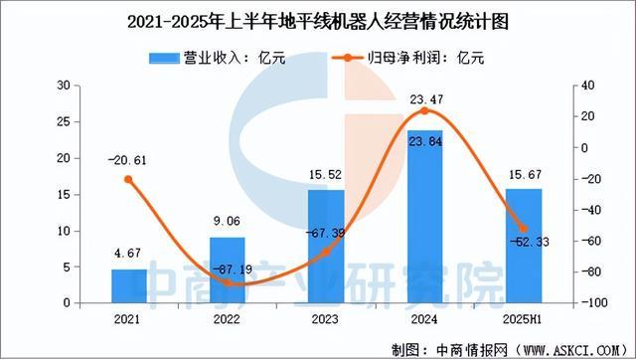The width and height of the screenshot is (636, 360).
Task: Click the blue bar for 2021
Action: [129, 285]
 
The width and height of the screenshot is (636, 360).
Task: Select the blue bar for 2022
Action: [228, 270]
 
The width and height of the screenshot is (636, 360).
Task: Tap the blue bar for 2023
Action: [326, 247]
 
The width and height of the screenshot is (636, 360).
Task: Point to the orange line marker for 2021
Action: [129, 179]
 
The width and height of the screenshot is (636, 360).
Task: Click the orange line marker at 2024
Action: [425, 110]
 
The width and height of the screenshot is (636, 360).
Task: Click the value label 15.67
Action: [524, 176]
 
